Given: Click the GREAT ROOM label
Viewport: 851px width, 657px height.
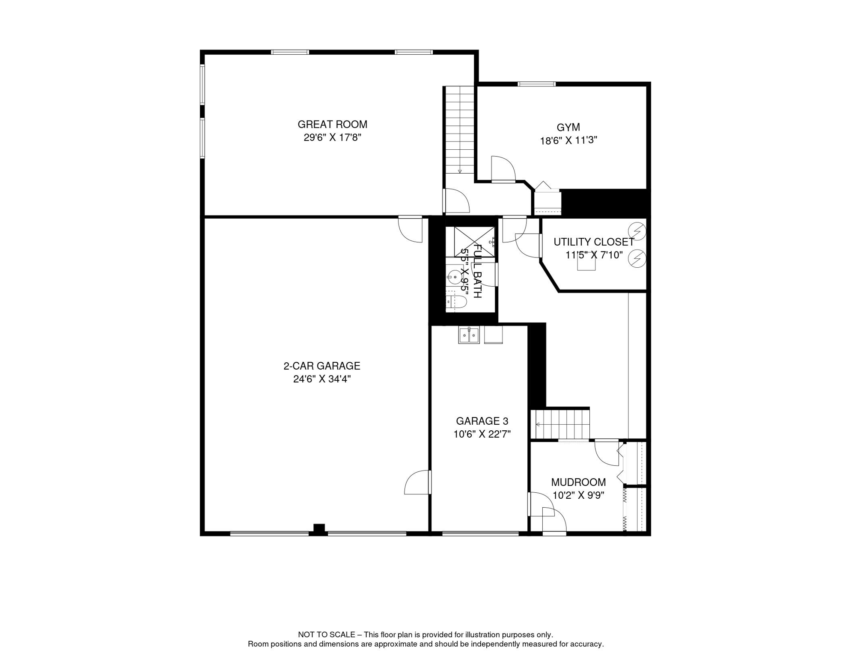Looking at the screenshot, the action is (x=332, y=124).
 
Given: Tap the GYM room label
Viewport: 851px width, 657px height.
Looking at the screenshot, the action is (x=568, y=127).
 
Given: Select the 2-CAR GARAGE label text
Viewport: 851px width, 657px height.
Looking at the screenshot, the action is (x=321, y=366).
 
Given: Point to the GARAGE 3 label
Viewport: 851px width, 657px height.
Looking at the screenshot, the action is (x=482, y=421).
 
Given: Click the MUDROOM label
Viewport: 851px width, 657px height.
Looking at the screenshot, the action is (x=578, y=482).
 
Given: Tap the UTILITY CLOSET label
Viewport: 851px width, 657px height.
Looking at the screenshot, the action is (x=594, y=242).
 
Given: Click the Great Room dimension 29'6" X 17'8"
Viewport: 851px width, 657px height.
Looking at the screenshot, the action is (x=332, y=137).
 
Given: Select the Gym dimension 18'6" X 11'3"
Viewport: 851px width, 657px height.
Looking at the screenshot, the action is (x=568, y=140).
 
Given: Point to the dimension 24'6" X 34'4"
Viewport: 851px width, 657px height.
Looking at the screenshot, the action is (x=321, y=379).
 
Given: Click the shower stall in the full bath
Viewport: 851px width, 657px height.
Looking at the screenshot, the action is (x=474, y=242).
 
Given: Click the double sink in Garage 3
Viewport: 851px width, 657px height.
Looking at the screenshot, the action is (x=469, y=335).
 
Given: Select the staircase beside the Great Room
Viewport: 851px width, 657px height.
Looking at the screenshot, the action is (x=460, y=130).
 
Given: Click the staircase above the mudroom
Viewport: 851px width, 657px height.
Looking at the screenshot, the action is (x=560, y=424).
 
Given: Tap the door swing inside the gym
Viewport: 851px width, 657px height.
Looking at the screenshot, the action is (x=503, y=169).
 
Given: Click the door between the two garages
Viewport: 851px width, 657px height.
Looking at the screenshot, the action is (x=418, y=482).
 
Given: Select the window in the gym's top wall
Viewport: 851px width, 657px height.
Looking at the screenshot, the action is (x=536, y=84).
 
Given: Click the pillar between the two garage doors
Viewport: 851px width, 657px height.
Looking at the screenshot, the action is (x=319, y=529).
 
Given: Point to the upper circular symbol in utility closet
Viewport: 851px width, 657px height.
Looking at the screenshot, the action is (x=637, y=231).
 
